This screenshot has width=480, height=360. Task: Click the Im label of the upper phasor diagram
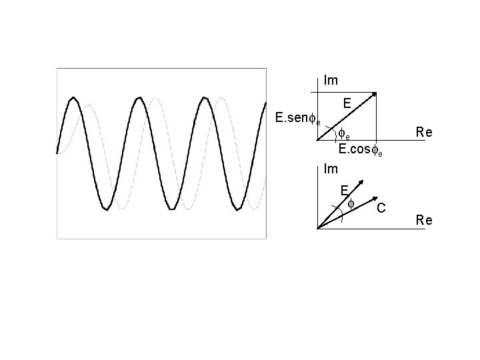(x=331, y=81)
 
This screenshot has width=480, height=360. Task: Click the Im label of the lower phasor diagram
(x=331, y=169)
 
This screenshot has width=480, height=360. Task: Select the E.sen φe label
(x=298, y=119)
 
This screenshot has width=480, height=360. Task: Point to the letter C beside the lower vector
(x=381, y=209)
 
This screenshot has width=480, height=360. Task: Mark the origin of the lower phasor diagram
(x=317, y=229)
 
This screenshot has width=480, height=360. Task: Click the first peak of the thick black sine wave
(x=74, y=98)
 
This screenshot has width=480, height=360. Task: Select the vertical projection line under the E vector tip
(x=377, y=120)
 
